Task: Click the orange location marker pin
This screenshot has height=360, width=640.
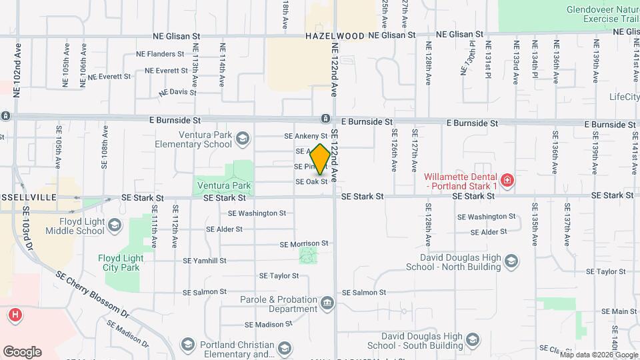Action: [320, 159]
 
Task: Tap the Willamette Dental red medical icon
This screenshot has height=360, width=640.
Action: [507, 181]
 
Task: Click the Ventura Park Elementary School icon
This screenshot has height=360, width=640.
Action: [242, 139]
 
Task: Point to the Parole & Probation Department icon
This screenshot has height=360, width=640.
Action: [327, 304]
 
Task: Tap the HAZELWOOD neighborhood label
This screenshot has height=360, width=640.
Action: [335, 35]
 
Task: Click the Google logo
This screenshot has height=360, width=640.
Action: [21, 351]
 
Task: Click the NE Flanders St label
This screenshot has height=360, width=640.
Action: [160, 54]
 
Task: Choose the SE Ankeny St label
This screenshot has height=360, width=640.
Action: [306, 136]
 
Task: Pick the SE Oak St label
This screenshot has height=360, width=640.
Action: [311, 181]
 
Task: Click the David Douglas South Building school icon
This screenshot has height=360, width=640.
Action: [472, 341]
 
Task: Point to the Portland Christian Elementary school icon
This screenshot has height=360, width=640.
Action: [285, 349]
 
